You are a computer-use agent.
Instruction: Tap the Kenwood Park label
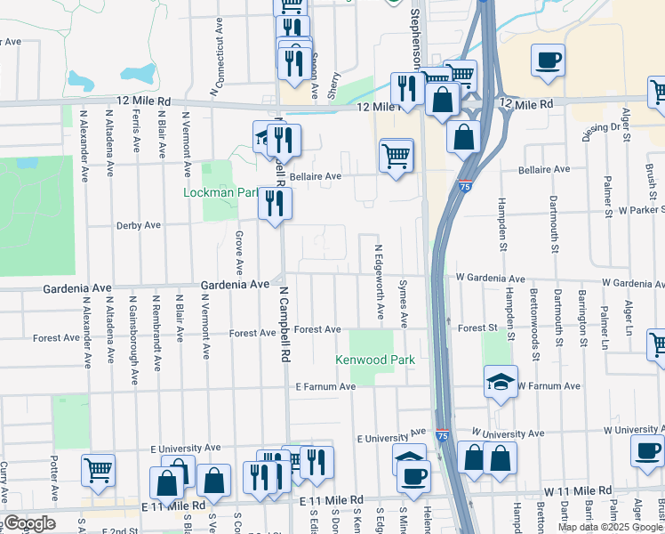(375, 360)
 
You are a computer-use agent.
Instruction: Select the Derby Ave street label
(138, 225)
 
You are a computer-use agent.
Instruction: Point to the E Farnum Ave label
(325, 387)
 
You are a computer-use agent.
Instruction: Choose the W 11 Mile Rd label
(578, 490)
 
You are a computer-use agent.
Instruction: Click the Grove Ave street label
(239, 252)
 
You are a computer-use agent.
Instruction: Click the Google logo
(28, 523)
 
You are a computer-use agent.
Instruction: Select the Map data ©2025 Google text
(611, 527)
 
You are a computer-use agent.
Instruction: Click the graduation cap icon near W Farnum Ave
(501, 382)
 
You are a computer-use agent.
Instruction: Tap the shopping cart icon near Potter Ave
(98, 469)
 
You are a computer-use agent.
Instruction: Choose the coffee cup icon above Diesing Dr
(548, 61)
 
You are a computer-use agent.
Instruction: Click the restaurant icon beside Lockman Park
(275, 203)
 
